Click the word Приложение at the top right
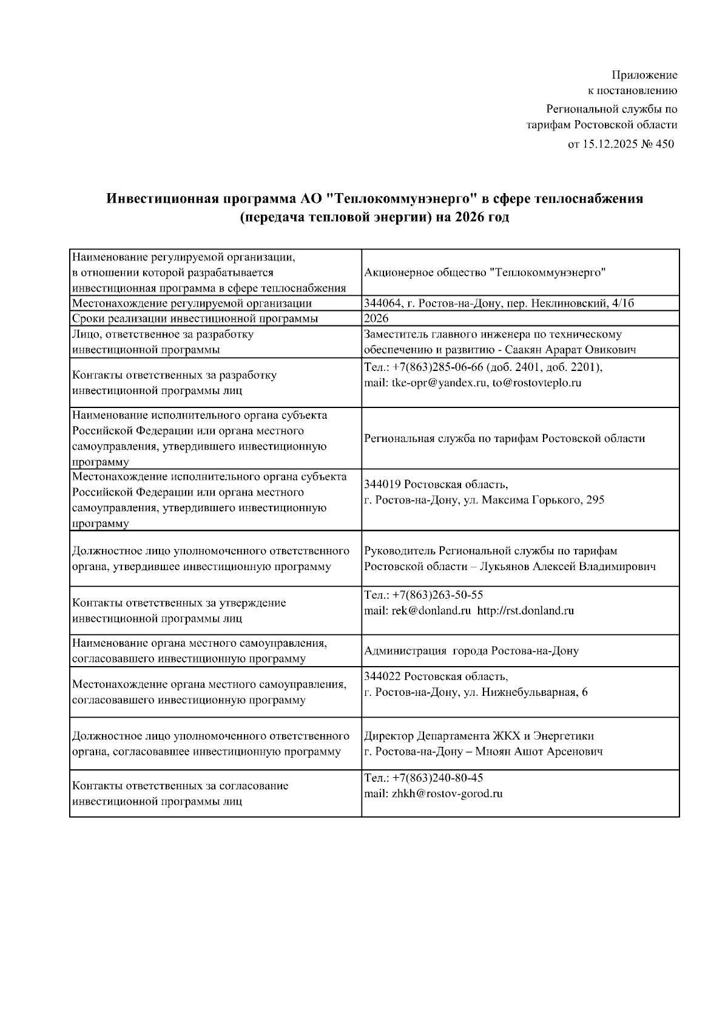[x=644, y=75]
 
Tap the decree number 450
[x=665, y=145]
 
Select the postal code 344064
[x=381, y=304]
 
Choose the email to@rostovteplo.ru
[x=537, y=383]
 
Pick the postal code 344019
[x=382, y=485]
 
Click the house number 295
[x=596, y=500]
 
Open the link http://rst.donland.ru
[x=525, y=611]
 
